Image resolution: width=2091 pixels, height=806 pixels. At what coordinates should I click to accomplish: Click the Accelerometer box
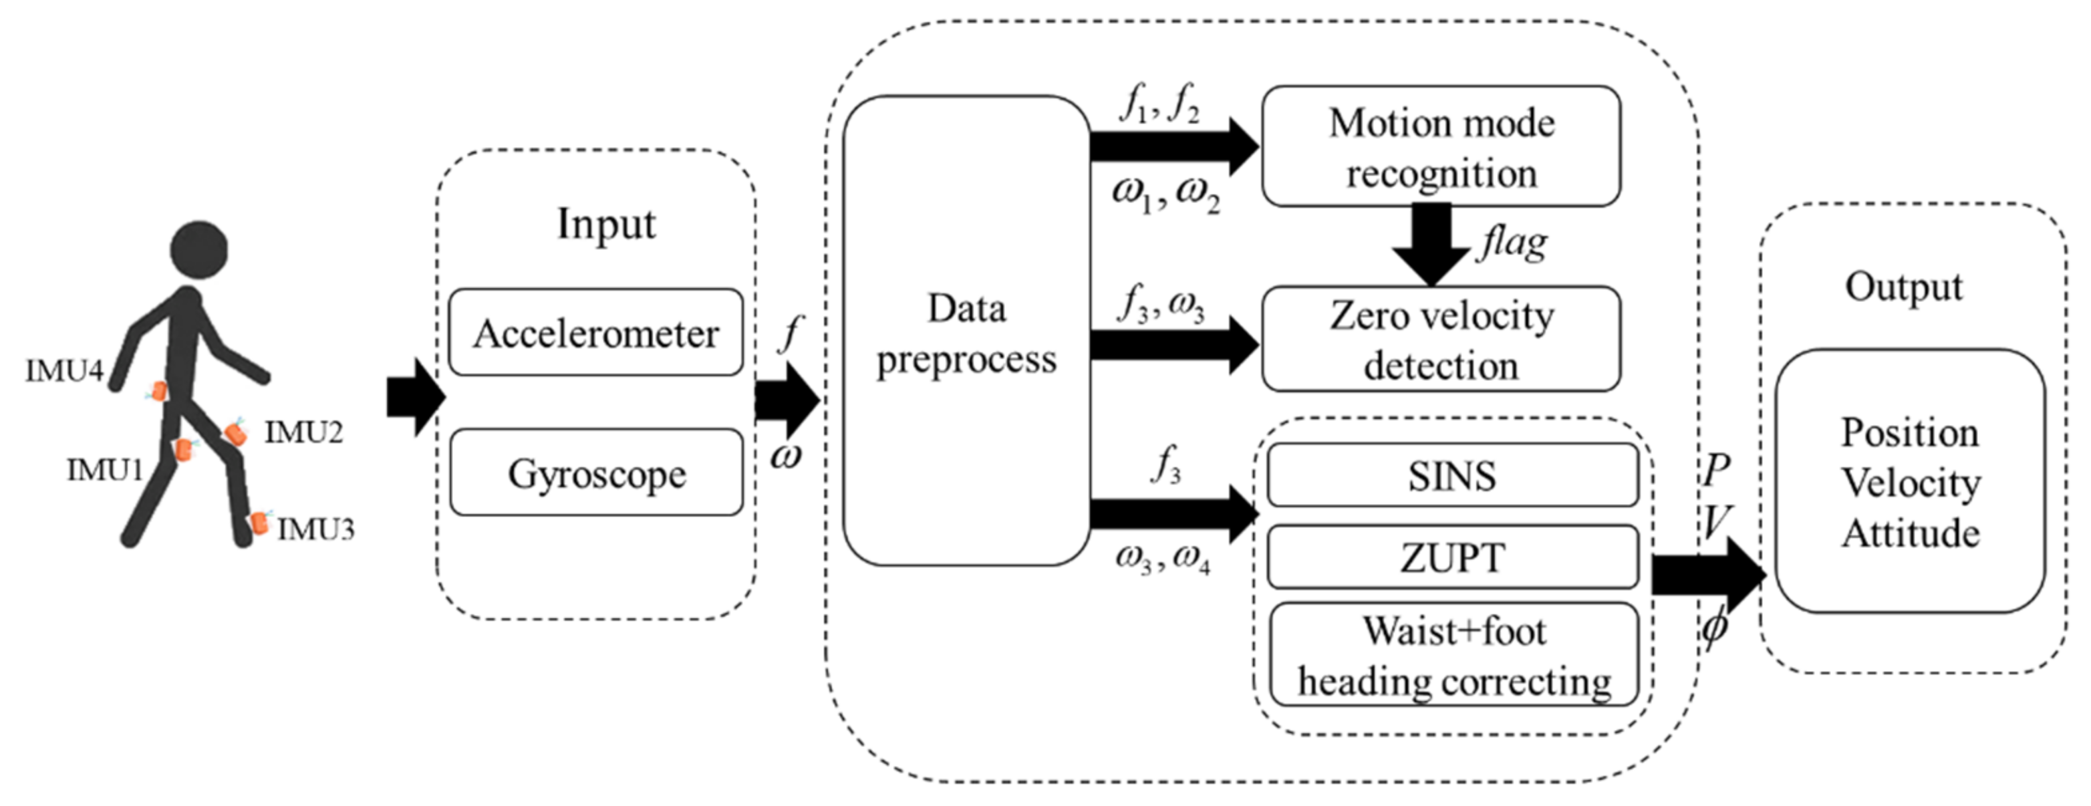595,333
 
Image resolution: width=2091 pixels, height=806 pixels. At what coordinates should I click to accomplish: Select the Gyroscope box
595,473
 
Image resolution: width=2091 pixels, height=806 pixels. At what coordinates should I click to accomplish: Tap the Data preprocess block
966,333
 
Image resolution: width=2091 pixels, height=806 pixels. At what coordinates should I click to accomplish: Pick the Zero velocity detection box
1441,340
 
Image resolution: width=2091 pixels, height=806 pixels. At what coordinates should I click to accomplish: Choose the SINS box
1451,476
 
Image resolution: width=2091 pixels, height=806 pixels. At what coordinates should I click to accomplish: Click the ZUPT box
1451,557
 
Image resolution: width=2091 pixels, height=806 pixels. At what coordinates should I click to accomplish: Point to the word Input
605,224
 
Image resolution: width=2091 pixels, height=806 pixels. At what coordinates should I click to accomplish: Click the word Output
1903,287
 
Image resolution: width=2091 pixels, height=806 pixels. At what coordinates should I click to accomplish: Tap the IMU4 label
64,372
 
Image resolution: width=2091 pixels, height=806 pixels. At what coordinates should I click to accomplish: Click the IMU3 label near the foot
316,530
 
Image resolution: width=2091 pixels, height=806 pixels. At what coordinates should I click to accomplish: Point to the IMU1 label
105,470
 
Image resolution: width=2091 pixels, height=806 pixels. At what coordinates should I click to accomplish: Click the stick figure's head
199,250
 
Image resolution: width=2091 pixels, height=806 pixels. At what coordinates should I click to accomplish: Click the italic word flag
1512,243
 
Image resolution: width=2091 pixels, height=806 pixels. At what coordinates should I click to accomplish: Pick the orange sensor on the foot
259,523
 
